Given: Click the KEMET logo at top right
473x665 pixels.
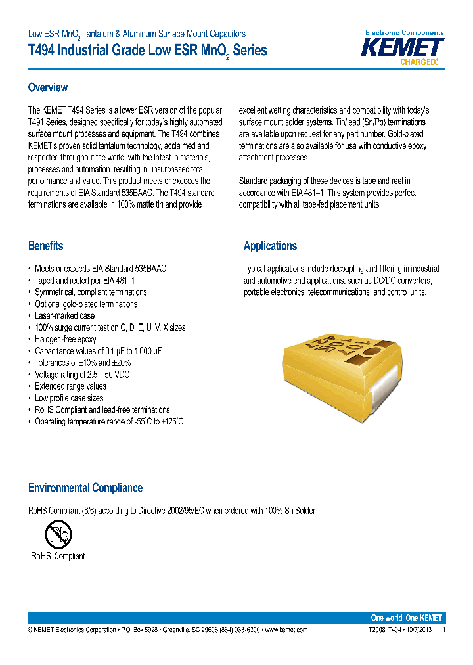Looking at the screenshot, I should pos(403,47).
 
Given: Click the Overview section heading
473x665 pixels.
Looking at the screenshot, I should pos(47,87).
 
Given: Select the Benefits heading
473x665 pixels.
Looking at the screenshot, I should pos(45,246).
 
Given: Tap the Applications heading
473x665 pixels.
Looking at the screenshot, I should pos(270,246).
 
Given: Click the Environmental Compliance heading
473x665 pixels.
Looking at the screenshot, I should pos(85,488).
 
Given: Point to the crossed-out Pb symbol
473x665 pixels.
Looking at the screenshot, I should pos(58,534).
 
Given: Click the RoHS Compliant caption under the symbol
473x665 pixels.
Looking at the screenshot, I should pos(58,556).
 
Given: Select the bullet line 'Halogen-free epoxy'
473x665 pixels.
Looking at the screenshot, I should pos(65,339).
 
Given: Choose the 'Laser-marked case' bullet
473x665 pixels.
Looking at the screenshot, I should pos(64,315).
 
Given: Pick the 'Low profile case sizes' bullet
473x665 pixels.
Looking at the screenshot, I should pos(68,398).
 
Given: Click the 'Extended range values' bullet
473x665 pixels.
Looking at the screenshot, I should pos(70,386).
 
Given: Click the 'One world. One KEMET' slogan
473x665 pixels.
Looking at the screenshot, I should pos(406,618).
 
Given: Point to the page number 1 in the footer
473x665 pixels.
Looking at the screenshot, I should pos(444,630).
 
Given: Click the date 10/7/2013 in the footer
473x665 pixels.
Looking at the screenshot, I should pos(415,630).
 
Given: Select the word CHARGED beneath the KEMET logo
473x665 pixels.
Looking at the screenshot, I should pos(418,62).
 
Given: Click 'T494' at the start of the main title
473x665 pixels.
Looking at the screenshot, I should pos(42,51).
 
